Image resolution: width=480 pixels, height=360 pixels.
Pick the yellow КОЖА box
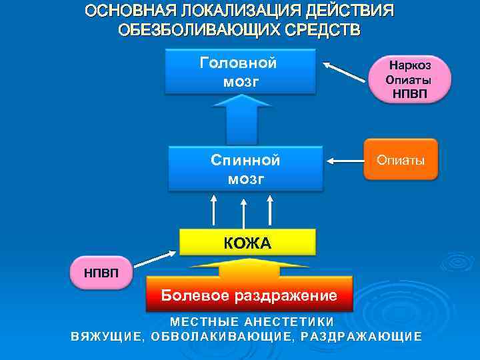(x=247, y=243)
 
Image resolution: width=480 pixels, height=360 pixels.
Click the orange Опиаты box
(x=401, y=160)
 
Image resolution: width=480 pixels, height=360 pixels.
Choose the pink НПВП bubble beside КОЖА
(x=101, y=273)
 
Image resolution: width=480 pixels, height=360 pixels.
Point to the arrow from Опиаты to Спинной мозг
(x=344, y=161)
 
